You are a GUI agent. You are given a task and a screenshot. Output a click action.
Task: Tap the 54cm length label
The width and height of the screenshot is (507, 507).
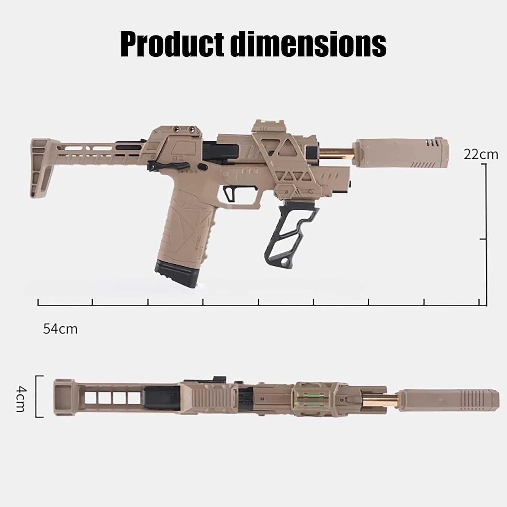tap(60, 329)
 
